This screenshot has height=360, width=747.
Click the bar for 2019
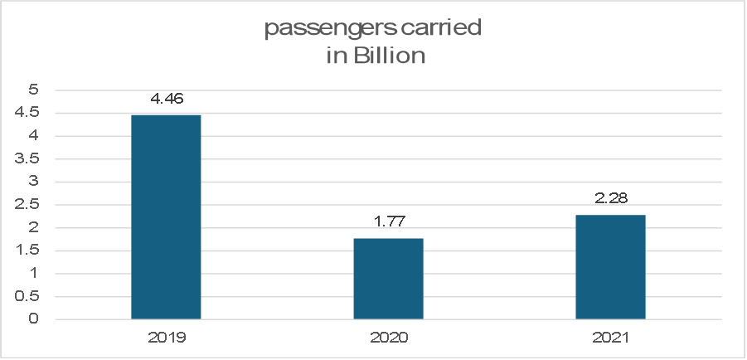(x=166, y=217)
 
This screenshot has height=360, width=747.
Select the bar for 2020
(x=388, y=279)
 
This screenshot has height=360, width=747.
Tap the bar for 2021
(x=610, y=267)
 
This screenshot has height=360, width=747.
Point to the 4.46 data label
(x=166, y=99)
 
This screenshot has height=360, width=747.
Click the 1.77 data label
(x=388, y=222)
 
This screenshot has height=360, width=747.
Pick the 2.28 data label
(x=610, y=199)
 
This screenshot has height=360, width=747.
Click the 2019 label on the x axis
(x=166, y=338)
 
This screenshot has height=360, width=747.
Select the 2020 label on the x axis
(x=388, y=338)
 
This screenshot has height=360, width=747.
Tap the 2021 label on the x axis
(x=610, y=338)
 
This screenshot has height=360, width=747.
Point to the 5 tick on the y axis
(x=34, y=90)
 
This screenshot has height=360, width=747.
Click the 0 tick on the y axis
(x=34, y=319)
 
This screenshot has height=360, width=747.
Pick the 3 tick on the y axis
(x=34, y=182)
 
